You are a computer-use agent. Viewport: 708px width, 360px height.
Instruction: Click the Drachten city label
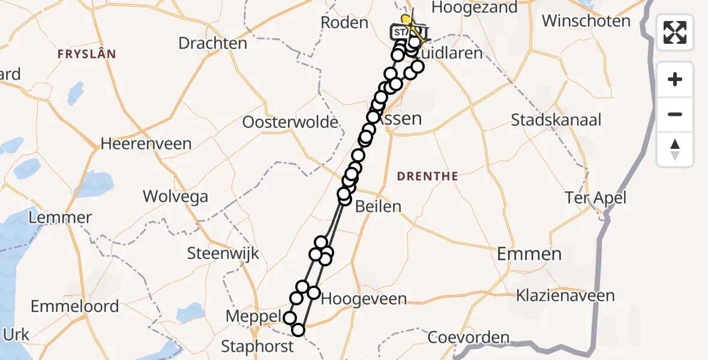pyautogui.click(x=213, y=43)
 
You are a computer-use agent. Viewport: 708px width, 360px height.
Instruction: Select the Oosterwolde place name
pyautogui.click(x=290, y=122)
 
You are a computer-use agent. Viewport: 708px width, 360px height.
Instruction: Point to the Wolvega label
pyautogui.click(x=175, y=196)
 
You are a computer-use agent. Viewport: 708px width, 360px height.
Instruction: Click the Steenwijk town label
pyautogui.click(x=223, y=253)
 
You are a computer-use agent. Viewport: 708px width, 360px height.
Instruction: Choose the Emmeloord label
pyautogui.click(x=74, y=307)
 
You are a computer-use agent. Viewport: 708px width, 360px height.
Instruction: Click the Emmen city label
pyautogui.click(x=529, y=254)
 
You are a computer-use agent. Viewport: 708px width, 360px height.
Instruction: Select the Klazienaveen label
pyautogui.click(x=566, y=296)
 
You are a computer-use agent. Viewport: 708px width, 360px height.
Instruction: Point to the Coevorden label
pyautogui.click(x=468, y=338)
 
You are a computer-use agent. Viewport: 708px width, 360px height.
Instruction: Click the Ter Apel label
pyautogui.click(x=596, y=197)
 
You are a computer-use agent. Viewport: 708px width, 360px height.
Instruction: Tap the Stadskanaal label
pyautogui.click(x=556, y=120)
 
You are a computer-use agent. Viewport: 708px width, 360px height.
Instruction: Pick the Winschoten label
pyautogui.click(x=586, y=21)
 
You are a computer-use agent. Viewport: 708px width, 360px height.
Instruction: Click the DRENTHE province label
pyautogui.click(x=428, y=176)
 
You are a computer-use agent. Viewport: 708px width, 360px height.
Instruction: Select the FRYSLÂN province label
pyautogui.click(x=86, y=54)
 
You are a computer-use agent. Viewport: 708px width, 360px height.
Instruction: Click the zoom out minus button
pyautogui.click(x=675, y=115)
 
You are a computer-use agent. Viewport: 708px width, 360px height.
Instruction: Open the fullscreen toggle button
pyautogui.click(x=675, y=32)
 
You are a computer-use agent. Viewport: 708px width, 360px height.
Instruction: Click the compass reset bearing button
pyautogui.click(x=675, y=149)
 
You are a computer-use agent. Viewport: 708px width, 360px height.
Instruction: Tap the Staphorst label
pyautogui.click(x=257, y=346)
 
